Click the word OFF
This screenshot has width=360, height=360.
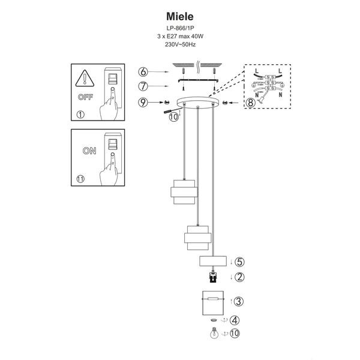click(85, 97)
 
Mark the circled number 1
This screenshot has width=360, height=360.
click(81, 115)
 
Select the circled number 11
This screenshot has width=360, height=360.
click(82, 178)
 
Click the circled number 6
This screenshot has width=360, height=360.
click(142, 72)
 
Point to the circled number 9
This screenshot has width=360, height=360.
click(142, 103)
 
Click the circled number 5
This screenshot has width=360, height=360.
click(239, 262)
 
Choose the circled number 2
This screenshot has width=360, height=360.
click(239, 277)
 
